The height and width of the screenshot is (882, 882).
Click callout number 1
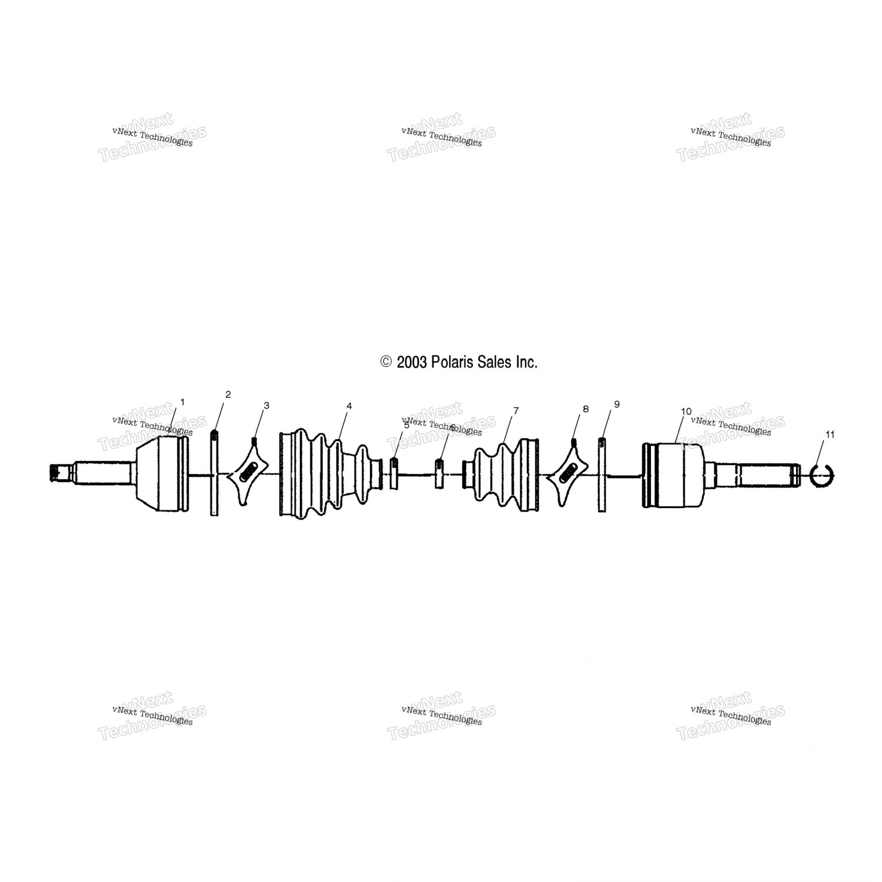point(182,402)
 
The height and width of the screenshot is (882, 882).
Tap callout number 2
point(228,394)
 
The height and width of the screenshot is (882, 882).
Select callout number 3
point(266,405)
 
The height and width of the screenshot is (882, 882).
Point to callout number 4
point(349,406)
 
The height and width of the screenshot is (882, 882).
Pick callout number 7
point(516,410)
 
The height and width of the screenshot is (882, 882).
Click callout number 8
point(585,408)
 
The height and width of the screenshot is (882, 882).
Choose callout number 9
point(617,404)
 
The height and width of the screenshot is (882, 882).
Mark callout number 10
point(686,411)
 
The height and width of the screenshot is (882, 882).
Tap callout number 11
point(830,435)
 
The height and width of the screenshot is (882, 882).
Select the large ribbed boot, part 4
point(318,474)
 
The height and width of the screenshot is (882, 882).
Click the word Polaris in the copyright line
point(452,362)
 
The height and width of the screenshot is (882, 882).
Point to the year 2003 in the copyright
point(411,362)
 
